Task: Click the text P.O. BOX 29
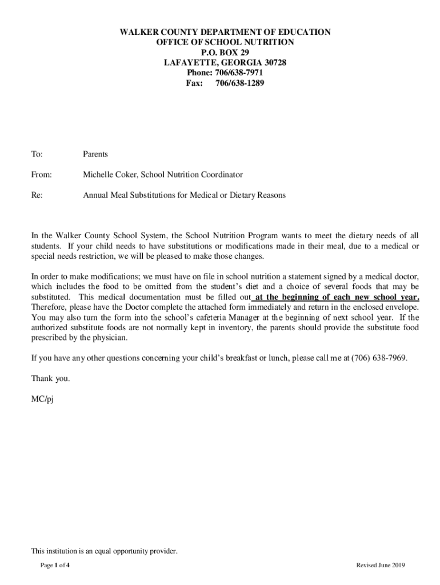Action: pos(225,52)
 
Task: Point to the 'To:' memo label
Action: pos(37,154)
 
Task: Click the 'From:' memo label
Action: pos(41,174)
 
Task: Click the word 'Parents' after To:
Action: pos(95,154)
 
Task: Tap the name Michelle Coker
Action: pos(110,174)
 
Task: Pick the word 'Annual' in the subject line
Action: pos(96,195)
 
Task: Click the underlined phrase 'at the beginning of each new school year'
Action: pos(337,297)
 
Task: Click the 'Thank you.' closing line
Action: pos(51,378)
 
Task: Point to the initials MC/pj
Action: pos(42,398)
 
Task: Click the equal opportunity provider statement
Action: pos(105,551)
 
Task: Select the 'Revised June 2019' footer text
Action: pos(381,565)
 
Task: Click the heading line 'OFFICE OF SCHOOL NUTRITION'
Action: pos(225,42)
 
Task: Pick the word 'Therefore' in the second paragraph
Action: pos(50,307)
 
